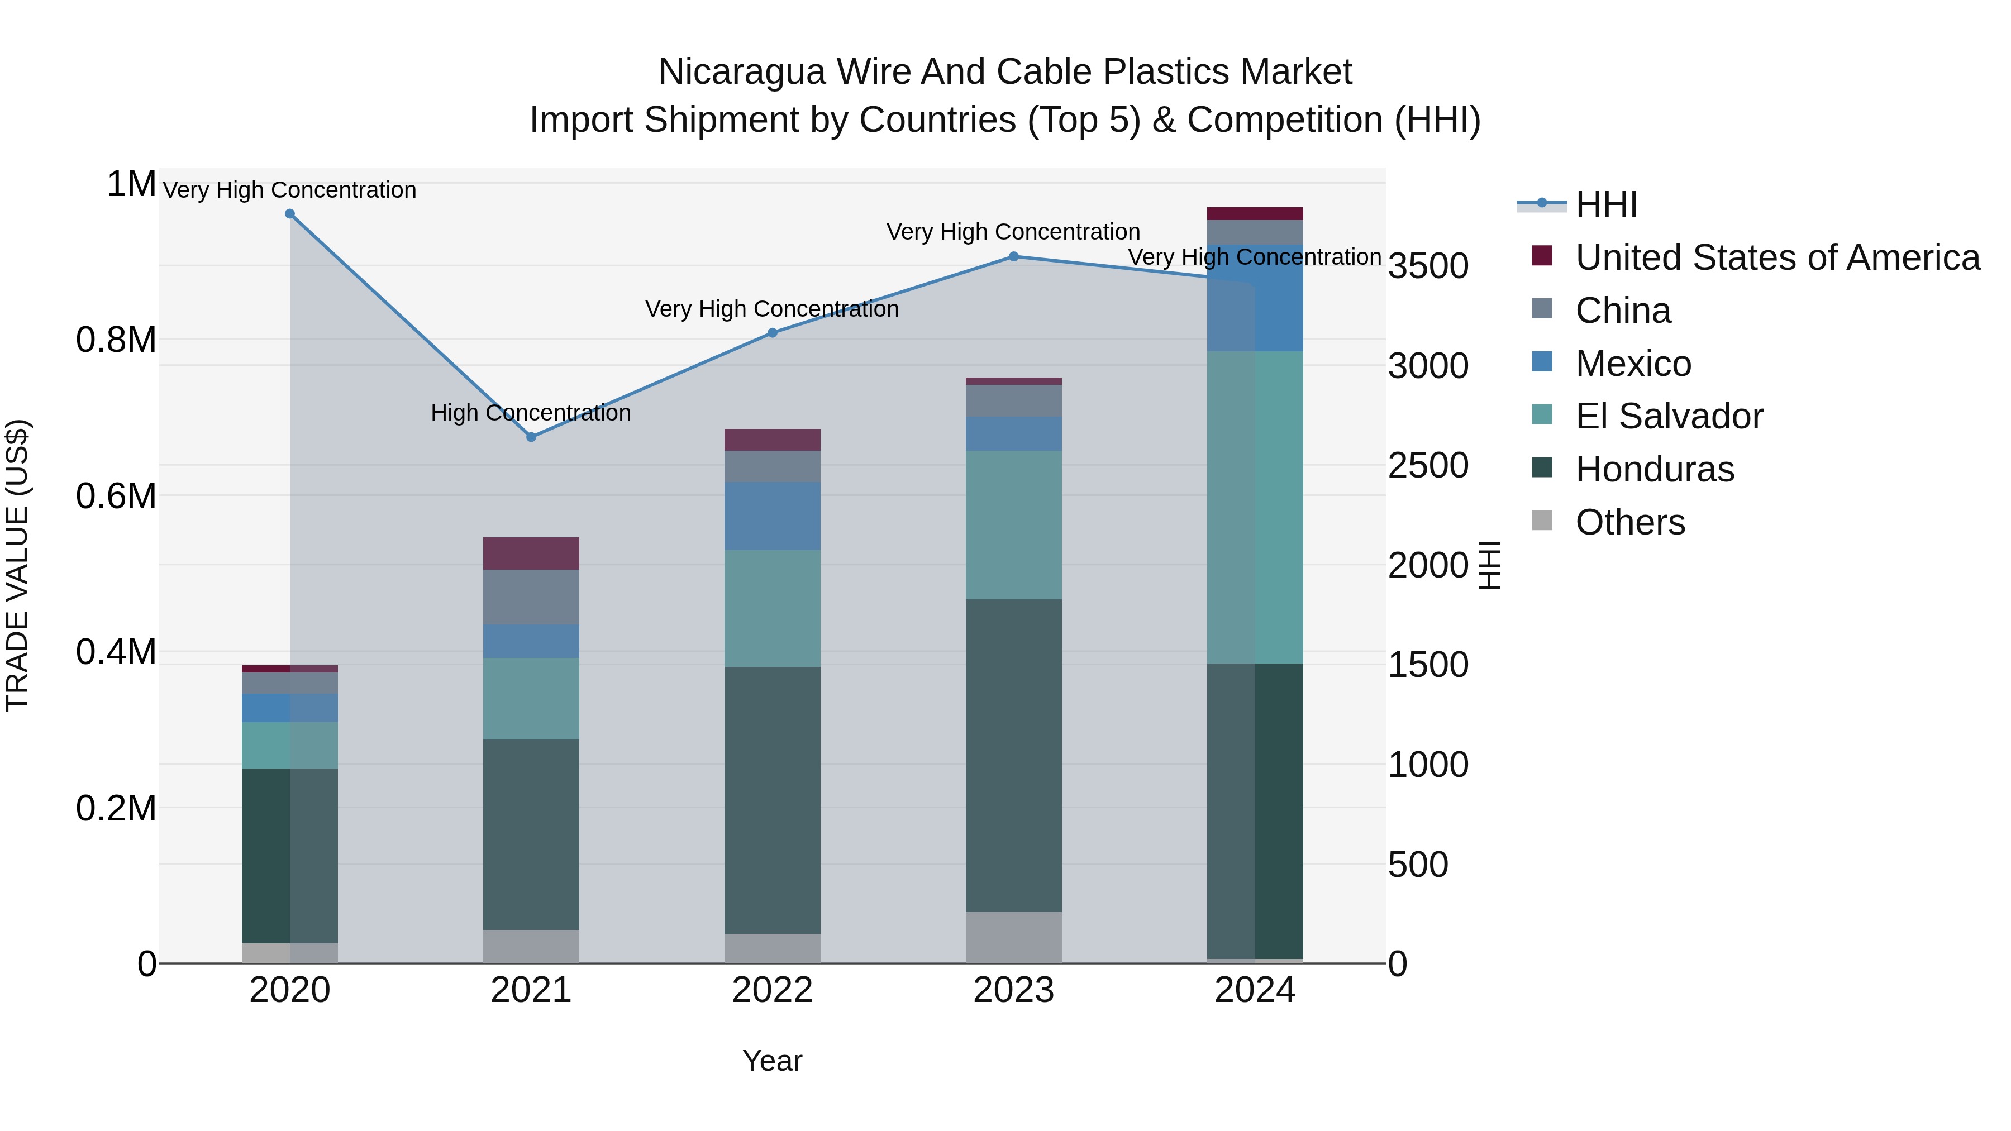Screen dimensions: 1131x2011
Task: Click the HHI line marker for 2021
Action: pos(531,437)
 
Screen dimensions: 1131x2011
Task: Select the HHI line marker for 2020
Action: pos(289,214)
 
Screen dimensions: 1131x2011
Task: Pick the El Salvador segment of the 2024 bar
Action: pos(1255,507)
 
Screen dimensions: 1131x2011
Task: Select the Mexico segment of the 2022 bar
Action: pos(772,516)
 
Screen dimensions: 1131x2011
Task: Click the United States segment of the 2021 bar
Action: pos(531,553)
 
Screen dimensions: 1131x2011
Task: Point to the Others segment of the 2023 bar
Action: pos(1013,937)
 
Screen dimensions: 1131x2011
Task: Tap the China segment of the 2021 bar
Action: pos(531,597)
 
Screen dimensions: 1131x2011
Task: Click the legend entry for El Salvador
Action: pos(1668,416)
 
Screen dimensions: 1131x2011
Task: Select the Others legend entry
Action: pos(1629,522)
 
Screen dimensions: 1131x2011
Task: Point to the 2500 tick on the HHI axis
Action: pos(1428,466)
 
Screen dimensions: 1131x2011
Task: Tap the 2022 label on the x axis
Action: pos(772,990)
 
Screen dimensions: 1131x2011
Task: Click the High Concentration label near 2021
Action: pos(531,413)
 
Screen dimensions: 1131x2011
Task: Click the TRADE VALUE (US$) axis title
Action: pos(17,565)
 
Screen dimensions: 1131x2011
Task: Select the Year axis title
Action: pos(772,1061)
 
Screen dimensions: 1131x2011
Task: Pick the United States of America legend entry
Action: pos(1777,257)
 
